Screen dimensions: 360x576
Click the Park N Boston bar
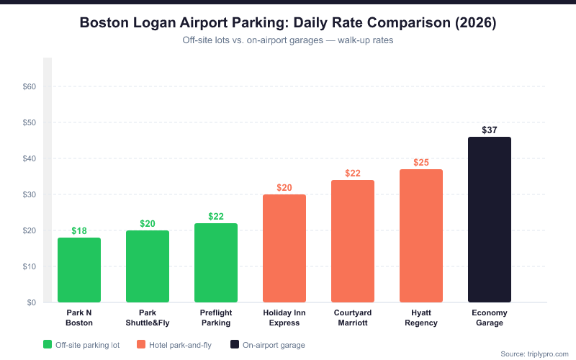79,270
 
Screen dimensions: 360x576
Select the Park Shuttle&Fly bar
148,266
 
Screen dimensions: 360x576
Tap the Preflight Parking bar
216,263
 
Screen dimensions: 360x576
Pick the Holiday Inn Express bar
284,248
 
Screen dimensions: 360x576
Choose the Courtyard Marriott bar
353,241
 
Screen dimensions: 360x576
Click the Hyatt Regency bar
421,236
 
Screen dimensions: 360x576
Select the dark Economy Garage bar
490,220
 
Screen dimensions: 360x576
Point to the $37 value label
490,130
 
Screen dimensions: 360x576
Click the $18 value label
79,231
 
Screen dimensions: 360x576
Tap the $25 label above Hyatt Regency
421,163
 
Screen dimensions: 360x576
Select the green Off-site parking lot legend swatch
48,345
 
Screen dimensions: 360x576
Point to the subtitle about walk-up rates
287,40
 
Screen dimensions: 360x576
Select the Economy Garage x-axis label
490,318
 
